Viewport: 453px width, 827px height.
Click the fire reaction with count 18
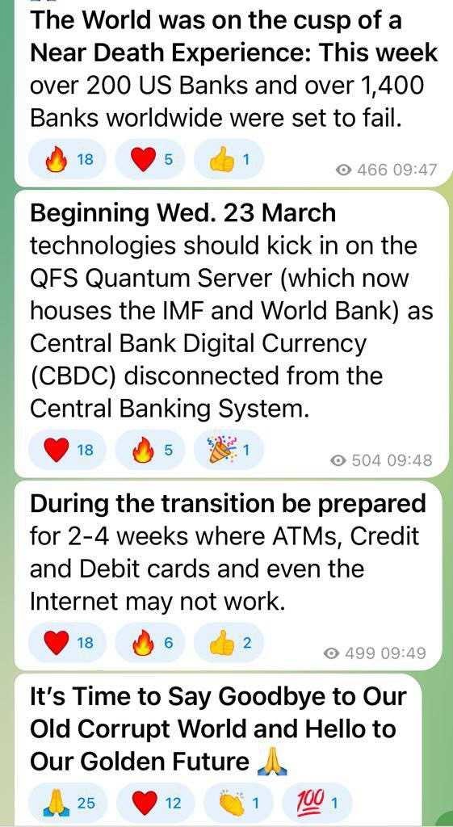pyautogui.click(x=67, y=159)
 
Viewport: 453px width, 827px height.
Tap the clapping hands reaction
pyautogui.click(x=238, y=804)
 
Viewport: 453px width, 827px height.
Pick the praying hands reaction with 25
pyautogui.click(x=67, y=804)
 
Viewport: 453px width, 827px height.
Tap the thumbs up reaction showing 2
pyautogui.click(x=229, y=643)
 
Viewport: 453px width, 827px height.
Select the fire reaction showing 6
pyautogui.click(x=150, y=643)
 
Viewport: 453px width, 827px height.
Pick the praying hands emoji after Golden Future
pyautogui.click(x=271, y=762)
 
